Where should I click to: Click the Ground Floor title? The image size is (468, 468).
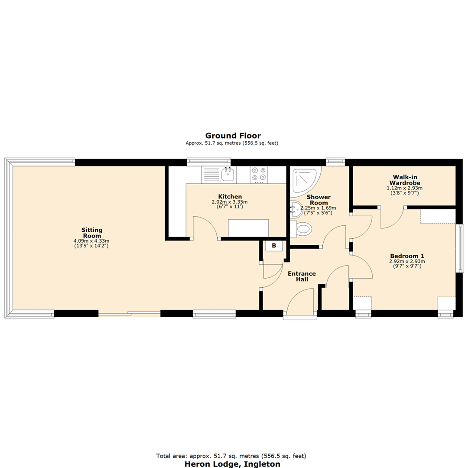pyautogui.click(x=233, y=136)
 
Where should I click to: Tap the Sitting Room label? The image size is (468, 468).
pyautogui.click(x=91, y=233)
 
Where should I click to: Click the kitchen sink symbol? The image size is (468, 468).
pyautogui.click(x=227, y=175)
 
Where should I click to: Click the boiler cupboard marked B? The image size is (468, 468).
pyautogui.click(x=274, y=246)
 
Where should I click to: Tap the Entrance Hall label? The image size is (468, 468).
pyautogui.click(x=302, y=276)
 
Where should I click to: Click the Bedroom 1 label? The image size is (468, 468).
pyautogui.click(x=407, y=255)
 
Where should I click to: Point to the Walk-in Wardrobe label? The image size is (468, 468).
pyautogui.click(x=404, y=180)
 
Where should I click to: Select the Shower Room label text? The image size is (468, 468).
pyautogui.click(x=318, y=200)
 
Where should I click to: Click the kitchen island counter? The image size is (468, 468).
pyautogui.click(x=248, y=228)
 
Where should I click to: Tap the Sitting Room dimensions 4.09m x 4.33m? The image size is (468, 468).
pyautogui.click(x=91, y=241)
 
